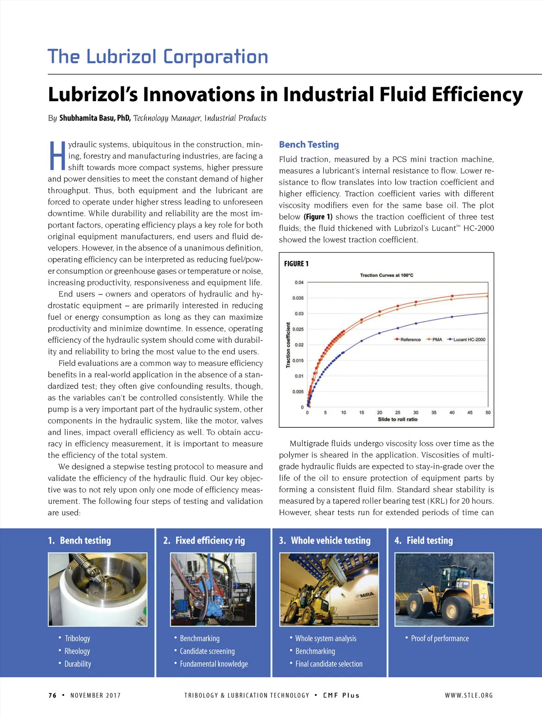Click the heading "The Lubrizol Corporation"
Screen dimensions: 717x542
pyautogui.click(x=158, y=57)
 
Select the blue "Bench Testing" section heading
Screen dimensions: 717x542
pyautogui.click(x=308, y=144)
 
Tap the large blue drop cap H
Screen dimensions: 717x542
pyautogui.click(x=57, y=156)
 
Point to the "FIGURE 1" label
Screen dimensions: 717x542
pyautogui.click(x=296, y=264)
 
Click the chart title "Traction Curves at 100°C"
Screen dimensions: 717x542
pyautogui.click(x=386, y=275)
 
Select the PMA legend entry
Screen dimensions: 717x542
pyautogui.click(x=435, y=340)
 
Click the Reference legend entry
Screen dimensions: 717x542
pyautogui.click(x=408, y=340)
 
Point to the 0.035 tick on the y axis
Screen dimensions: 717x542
pyautogui.click(x=298, y=298)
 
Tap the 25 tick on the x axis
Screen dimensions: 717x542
pyautogui.click(x=397, y=413)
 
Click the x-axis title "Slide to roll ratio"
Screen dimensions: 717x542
pyautogui.click(x=397, y=419)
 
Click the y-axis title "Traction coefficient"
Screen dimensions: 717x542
pyautogui.click(x=288, y=345)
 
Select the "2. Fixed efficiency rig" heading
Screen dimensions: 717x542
pyautogui.click(x=204, y=540)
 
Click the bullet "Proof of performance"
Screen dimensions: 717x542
pyautogui.click(x=439, y=638)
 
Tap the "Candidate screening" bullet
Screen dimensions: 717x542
pyautogui.click(x=207, y=651)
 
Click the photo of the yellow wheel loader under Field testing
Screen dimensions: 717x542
pyautogui.click(x=444, y=589)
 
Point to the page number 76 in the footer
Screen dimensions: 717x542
pyautogui.click(x=52, y=695)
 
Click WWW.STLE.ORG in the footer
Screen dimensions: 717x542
pyautogui.click(x=468, y=695)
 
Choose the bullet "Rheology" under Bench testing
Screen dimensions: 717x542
pyautogui.click(x=77, y=651)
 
